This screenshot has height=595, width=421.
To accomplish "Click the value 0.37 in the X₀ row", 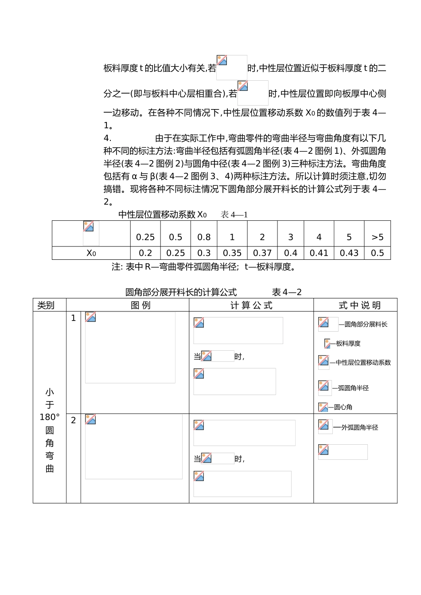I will point(262,253).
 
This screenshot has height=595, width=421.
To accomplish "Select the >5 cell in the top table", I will point(377,237).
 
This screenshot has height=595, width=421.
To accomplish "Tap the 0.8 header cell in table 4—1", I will point(204,237).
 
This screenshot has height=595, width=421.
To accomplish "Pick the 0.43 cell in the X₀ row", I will point(349,253).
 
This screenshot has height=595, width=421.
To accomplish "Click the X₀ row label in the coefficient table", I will point(91,253).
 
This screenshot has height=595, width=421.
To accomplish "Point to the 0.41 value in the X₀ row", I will point(319,253).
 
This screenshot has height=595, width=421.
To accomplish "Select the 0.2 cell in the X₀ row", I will point(145,253).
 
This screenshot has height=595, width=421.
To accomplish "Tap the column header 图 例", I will point(140,305).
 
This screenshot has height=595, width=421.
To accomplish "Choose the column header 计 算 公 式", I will point(251,305).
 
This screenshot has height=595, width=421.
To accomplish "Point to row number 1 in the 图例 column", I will point(74,318).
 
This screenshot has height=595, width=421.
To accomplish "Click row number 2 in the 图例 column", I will point(74,420).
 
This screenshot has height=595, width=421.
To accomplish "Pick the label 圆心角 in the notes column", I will point(343,407).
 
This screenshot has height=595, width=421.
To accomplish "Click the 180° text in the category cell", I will point(50,417).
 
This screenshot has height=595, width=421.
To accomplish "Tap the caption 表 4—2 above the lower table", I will point(287,292).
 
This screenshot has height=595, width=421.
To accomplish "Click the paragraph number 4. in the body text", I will point(107,138).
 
